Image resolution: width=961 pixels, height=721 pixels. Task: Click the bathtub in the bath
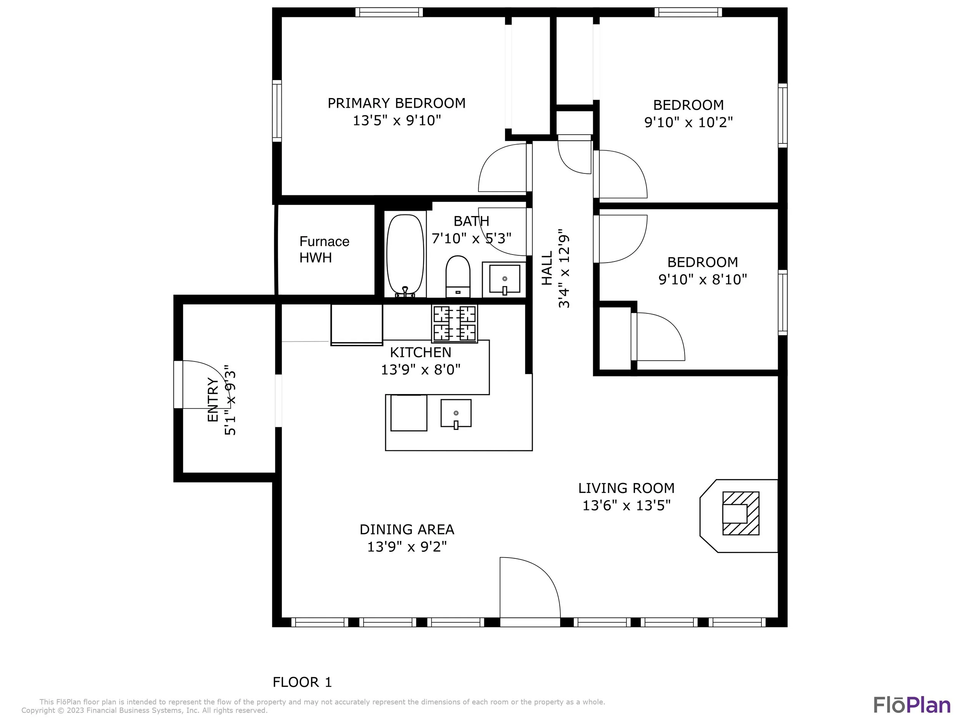405,256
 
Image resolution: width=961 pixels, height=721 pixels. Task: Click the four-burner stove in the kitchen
454,323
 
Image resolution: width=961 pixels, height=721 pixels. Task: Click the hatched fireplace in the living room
741,513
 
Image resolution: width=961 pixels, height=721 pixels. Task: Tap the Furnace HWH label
324,250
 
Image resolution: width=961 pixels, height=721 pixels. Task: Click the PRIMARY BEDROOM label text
396,103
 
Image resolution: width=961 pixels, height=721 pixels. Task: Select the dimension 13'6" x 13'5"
627,505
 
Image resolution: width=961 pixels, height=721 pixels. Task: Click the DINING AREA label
407,530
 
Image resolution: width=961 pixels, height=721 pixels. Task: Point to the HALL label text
547,268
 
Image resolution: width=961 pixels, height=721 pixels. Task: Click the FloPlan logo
912,704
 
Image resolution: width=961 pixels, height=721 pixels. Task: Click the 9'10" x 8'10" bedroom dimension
703,279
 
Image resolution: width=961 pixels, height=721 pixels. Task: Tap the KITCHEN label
420,352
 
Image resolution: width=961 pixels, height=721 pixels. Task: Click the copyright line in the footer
144,710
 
